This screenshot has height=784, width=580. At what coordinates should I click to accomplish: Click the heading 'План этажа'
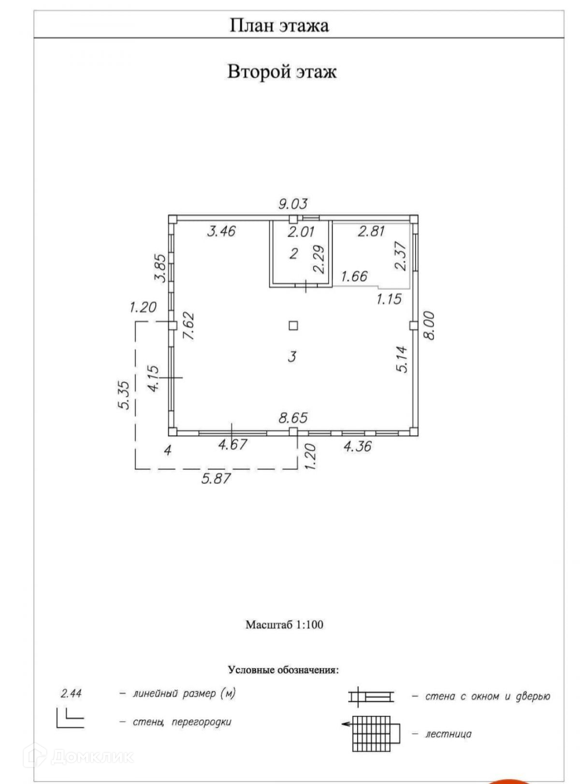tap(279, 25)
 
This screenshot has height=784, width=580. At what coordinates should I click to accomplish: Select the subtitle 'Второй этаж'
tap(282, 72)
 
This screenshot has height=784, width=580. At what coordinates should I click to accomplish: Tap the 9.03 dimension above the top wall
tap(292, 204)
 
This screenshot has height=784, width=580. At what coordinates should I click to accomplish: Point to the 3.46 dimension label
tap(221, 231)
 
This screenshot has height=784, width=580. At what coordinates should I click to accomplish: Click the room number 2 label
tap(293, 253)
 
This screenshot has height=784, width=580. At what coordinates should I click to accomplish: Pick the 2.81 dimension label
tap(371, 231)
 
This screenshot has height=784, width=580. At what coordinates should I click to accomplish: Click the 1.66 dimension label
tap(354, 276)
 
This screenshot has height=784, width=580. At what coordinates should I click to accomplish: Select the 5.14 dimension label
tap(402, 359)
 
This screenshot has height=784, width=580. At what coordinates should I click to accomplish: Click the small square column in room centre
tap(293, 326)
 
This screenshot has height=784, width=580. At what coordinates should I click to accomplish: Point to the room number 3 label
tap(291, 357)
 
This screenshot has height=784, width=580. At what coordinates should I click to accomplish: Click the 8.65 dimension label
tap(293, 417)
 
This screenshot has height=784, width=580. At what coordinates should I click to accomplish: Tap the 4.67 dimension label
tap(233, 444)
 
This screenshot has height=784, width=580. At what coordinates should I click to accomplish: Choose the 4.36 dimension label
tap(357, 446)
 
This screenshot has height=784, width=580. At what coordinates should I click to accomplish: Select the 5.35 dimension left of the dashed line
tap(124, 395)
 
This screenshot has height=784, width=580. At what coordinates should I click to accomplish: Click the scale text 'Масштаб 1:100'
tap(284, 624)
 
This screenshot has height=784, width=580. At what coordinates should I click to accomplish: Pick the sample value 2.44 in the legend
tap(71, 694)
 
